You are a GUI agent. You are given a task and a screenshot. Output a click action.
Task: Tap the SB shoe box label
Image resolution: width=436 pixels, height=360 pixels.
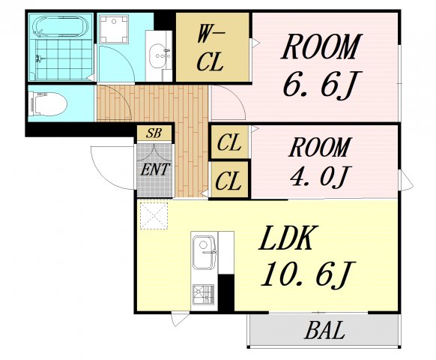point(154,133)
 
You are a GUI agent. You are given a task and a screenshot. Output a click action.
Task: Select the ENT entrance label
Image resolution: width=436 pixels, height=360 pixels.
point(155,169)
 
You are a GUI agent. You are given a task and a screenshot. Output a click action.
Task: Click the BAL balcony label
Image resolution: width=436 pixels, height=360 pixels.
point(324,330)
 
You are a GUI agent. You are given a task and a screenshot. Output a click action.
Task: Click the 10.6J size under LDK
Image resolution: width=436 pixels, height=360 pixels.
point(308,274)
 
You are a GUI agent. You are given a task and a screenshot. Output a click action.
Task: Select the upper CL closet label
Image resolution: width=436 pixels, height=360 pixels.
point(228,142)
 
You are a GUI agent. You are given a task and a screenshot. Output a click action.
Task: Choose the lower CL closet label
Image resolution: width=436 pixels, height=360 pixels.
point(228,181)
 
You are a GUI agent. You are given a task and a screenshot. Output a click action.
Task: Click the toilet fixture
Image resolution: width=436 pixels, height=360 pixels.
point(49,103)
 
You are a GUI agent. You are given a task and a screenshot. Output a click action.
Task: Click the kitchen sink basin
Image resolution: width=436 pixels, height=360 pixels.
point(204,252)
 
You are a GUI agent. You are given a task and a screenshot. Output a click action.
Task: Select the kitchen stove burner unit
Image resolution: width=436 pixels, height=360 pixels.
point(204,295)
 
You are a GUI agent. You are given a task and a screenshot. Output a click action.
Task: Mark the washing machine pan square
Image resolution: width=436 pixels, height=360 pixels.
point(113,29)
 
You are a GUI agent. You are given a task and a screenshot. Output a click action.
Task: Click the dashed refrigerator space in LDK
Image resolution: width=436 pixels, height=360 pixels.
point(154,216)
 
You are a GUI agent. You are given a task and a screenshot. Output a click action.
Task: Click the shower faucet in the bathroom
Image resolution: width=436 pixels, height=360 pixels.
point(40,59)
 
